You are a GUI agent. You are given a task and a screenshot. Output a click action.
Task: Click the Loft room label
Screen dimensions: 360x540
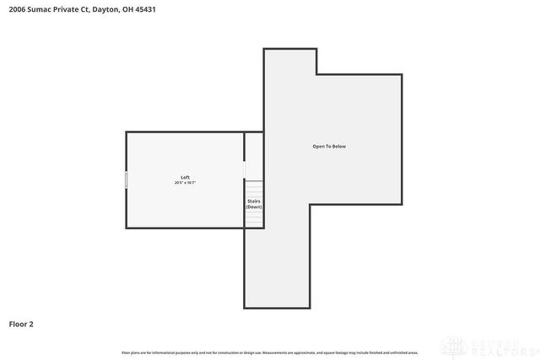tap(185, 177)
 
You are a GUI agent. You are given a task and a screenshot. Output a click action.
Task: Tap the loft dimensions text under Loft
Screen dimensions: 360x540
tap(185, 182)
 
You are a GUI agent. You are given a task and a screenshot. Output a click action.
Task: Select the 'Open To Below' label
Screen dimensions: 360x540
tap(329, 147)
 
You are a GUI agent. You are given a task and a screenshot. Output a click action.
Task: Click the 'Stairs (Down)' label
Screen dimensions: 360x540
tap(254, 204)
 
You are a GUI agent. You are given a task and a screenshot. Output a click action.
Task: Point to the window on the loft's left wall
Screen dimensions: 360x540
tap(127, 180)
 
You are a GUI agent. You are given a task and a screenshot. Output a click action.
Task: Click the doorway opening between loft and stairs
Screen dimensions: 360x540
tap(245, 168)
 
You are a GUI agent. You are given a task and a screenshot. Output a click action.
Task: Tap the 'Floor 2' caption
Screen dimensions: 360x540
tap(21, 323)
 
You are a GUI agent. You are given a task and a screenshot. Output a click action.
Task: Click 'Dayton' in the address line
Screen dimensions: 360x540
tap(105, 9)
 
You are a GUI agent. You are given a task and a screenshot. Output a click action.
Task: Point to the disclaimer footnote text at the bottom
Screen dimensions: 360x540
tap(270, 352)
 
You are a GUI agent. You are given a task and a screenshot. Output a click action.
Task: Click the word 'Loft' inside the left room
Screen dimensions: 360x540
tap(185, 177)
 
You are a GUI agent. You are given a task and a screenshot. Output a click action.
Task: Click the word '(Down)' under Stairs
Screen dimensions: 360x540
tap(254, 207)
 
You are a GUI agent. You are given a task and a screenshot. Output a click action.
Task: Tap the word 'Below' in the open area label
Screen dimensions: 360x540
tap(338, 147)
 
